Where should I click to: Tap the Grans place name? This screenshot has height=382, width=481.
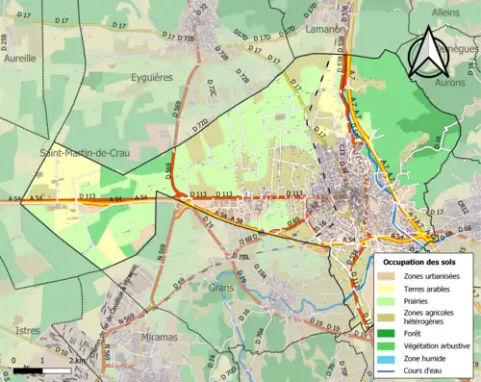[223, 287]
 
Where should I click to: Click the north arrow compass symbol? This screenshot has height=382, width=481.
[428, 52]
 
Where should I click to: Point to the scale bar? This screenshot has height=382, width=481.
[43, 369]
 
